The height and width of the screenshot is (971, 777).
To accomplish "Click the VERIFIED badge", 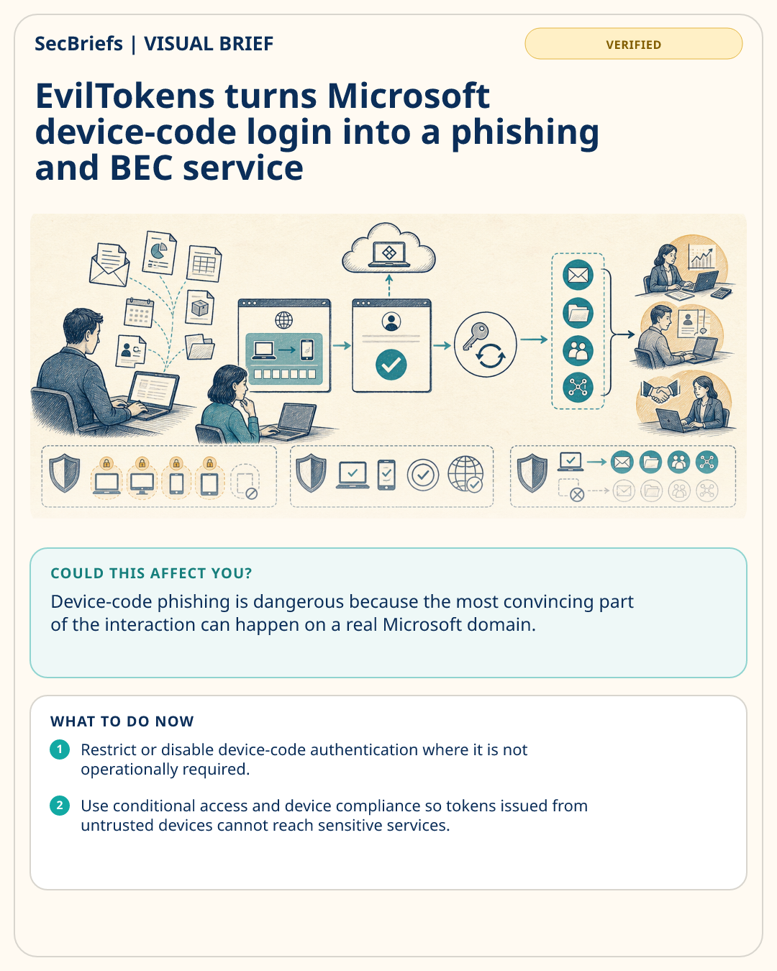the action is pos(633,44).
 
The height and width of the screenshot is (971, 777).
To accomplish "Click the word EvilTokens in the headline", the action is pos(125,96).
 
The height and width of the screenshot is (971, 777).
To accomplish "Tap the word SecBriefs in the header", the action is pos(78,44).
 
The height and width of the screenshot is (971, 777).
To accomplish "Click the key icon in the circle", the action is pos(475,334).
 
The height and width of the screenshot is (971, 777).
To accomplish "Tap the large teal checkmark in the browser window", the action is pos(391,365).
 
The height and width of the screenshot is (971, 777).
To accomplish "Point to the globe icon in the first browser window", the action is pos(283,320).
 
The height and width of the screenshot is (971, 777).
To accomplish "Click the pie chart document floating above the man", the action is pos(160,252).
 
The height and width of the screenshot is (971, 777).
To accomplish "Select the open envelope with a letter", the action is pos(109,265).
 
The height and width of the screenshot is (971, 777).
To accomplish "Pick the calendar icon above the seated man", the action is pos(139,312).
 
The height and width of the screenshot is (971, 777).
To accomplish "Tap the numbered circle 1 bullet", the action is pos(60,749).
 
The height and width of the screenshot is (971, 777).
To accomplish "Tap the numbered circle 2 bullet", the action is pos(60,806).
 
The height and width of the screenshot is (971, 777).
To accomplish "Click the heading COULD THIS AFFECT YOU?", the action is pos(151,573).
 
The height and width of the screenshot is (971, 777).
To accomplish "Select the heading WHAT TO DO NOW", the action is pos(122,721).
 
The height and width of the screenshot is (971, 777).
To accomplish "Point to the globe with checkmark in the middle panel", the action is pos(465,474).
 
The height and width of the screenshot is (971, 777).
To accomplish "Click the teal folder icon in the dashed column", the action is pos(578,313).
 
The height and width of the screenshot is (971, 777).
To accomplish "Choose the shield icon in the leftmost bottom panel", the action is pos(65,473).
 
